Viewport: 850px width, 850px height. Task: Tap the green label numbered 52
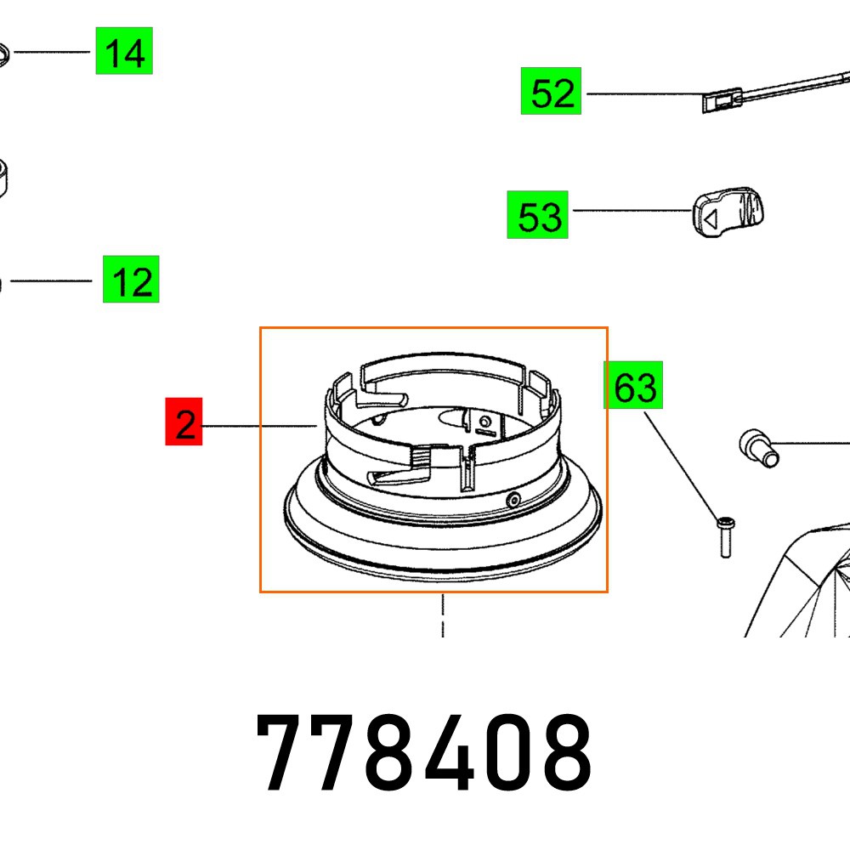click(552, 92)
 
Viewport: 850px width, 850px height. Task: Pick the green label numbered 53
click(538, 216)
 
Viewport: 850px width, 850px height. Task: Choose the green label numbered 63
click(634, 388)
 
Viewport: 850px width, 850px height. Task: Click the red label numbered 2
click(184, 423)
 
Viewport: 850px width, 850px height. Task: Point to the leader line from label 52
click(642, 93)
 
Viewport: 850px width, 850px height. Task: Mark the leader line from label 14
click(51, 52)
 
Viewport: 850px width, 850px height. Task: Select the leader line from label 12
click(51, 280)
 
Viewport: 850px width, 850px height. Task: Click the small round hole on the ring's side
click(513, 501)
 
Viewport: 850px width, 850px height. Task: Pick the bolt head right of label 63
click(754, 445)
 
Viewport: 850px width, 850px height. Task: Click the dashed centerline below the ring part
click(443, 616)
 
